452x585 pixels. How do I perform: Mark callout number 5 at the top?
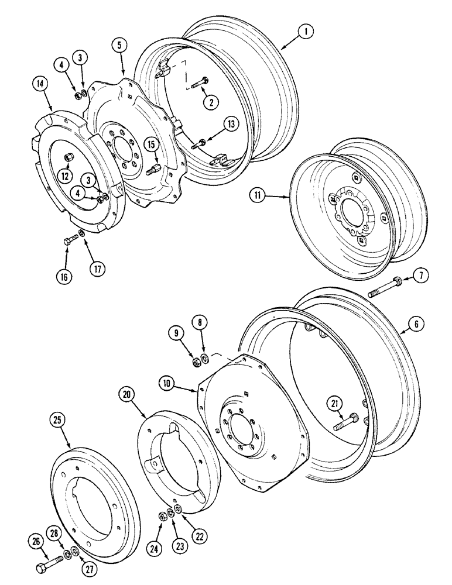(120, 45)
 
